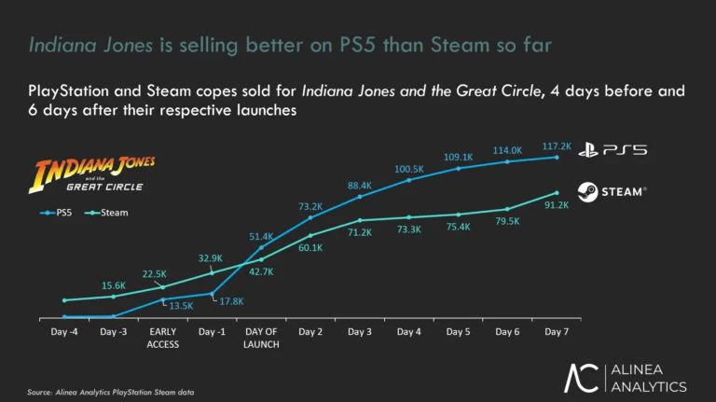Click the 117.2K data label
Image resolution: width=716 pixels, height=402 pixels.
point(556,147)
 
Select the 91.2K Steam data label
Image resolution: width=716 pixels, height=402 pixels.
point(557,205)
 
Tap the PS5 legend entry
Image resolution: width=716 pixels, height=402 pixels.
point(60,213)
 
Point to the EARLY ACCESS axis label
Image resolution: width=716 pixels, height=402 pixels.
point(163,338)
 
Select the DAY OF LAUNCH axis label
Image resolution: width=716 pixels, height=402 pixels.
point(262,338)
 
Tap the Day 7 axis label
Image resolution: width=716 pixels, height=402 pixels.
point(557,332)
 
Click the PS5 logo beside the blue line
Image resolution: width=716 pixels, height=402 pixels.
point(611,149)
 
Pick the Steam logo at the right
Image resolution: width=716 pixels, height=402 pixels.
point(611,191)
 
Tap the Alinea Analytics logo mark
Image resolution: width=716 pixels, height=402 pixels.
point(582,377)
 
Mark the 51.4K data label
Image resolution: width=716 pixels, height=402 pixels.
point(262,237)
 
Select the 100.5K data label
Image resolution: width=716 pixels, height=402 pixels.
point(409,169)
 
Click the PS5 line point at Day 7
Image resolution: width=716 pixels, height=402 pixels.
point(557,157)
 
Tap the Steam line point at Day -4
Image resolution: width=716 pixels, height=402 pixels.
point(64,300)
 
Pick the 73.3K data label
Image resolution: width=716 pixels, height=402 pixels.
point(409,229)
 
